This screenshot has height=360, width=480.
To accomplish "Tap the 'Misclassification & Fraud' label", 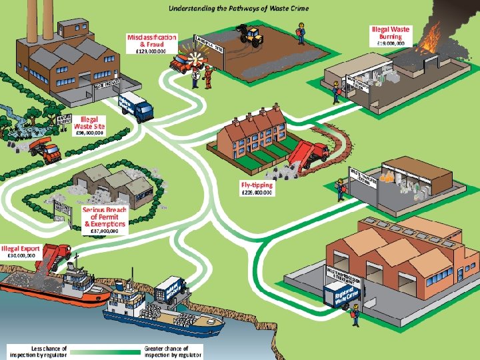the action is (152, 40).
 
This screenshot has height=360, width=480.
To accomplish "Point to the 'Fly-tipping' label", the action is (257, 184).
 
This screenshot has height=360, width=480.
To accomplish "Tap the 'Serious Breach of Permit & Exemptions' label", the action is (105, 217).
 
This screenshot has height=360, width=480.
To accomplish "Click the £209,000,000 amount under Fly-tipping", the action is (257, 192).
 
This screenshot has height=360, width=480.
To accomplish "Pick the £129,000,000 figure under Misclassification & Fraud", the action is (152, 51).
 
